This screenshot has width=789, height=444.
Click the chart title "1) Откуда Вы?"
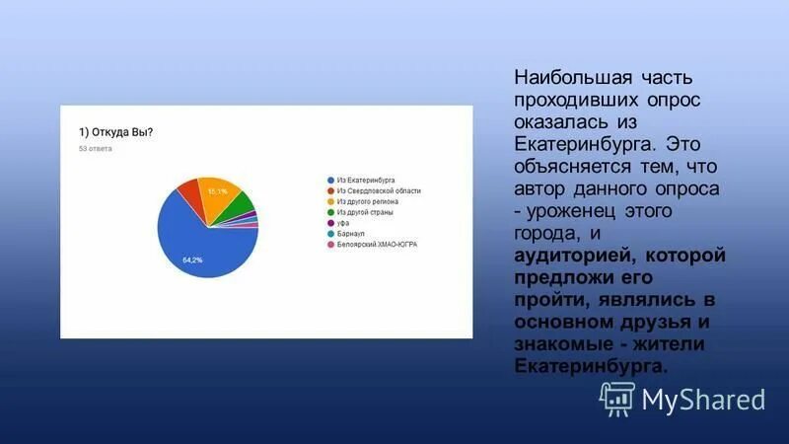[115, 131]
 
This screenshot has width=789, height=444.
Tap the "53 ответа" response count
[96, 149]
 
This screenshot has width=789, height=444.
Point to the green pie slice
[245, 208]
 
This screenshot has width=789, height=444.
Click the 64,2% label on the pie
[192, 259]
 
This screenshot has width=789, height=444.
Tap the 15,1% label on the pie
[217, 190]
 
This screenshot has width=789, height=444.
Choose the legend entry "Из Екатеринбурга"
[365, 181]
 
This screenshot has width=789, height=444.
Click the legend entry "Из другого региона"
[368, 201]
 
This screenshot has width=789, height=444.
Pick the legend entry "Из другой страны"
[366, 212]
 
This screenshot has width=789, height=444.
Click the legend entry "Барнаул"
[350, 233]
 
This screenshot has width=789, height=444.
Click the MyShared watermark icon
[617, 397]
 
